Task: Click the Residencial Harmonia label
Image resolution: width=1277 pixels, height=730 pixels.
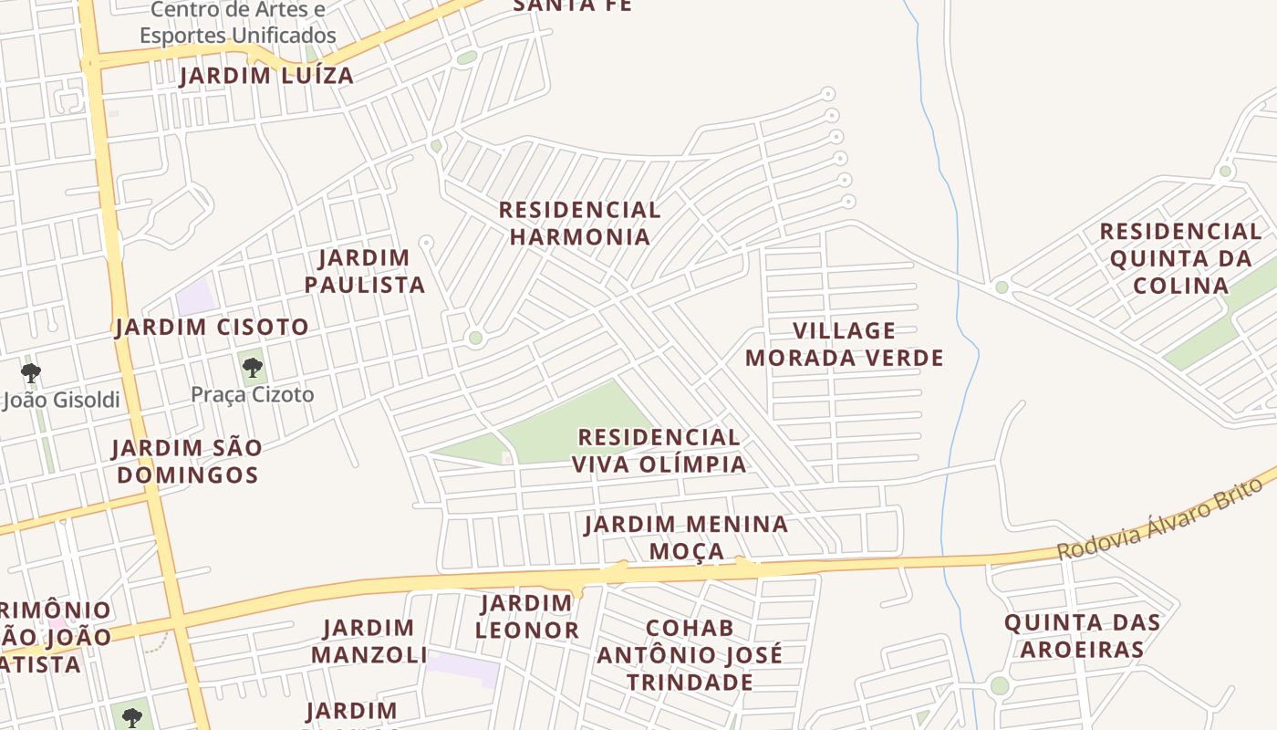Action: [x=579, y=224]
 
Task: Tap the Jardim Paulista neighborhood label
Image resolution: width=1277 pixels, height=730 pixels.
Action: [x=365, y=271]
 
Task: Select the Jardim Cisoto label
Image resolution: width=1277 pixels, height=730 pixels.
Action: [x=212, y=327]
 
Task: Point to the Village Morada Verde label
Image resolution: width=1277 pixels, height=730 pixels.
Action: [x=844, y=344]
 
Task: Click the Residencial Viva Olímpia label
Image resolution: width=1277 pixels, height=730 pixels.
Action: [x=659, y=451]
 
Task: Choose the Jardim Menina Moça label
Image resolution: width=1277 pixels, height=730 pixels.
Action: [x=686, y=537]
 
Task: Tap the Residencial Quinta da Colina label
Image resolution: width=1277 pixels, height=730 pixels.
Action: [x=1180, y=258]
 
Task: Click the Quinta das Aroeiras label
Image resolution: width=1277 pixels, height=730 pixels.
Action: [x=1082, y=636]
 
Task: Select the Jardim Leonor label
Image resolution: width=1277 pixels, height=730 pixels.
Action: [x=526, y=617]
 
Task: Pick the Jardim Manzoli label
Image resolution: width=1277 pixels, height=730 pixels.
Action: [x=369, y=641]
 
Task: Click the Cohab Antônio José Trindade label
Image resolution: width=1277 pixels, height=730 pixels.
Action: [x=690, y=655]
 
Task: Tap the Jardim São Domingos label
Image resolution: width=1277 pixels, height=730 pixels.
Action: [x=187, y=461]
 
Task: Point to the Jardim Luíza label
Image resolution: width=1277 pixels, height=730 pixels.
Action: [x=266, y=76]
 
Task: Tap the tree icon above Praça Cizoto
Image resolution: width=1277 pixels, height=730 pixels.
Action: [x=253, y=368]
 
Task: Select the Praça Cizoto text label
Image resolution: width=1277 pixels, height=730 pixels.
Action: [x=253, y=395]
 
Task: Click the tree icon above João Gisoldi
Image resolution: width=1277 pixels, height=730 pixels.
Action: [x=31, y=372]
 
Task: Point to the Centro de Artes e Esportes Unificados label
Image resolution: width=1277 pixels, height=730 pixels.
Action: [x=237, y=23]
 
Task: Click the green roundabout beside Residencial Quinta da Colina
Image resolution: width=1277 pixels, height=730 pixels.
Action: [x=1002, y=287]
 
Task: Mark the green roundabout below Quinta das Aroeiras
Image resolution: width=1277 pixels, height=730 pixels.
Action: [x=1000, y=686]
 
